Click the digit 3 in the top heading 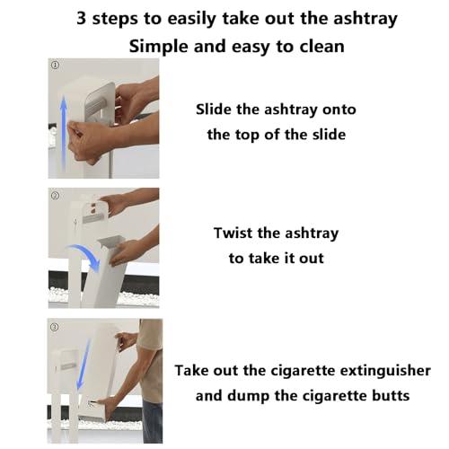coord(81,18)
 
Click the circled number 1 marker coord(55,65)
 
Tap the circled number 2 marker coord(56,196)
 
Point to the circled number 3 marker coord(54,327)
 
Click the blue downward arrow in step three coord(83,364)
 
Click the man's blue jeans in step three coord(153,421)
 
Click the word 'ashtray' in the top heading coord(365,19)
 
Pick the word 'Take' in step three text coord(191,371)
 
